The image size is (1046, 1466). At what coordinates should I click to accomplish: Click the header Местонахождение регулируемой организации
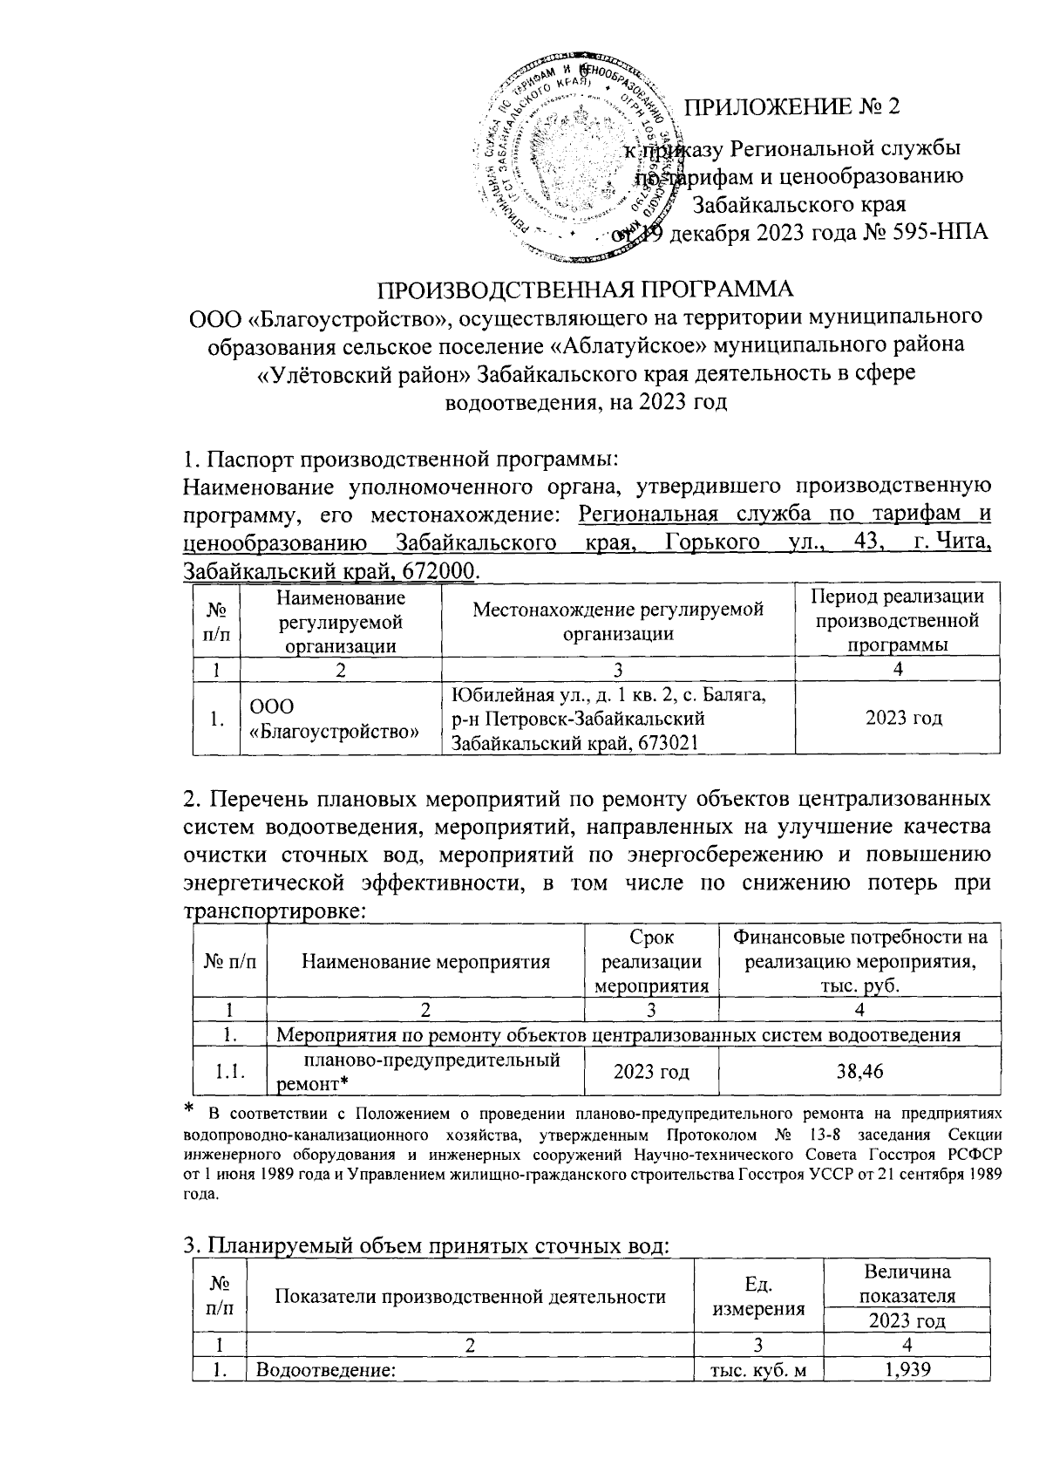(618, 621)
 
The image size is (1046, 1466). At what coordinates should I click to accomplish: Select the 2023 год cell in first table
(897, 719)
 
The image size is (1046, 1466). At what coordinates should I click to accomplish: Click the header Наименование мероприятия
(425, 962)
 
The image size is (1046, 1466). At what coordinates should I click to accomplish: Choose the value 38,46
(859, 1071)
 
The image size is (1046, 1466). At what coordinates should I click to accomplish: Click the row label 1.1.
(229, 1072)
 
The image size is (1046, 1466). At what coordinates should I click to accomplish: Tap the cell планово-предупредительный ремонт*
(425, 1072)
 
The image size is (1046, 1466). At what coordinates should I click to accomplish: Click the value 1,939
(907, 1369)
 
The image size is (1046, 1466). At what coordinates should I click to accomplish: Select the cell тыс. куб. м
(758, 1369)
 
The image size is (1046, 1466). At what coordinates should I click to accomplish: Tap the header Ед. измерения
(758, 1297)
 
